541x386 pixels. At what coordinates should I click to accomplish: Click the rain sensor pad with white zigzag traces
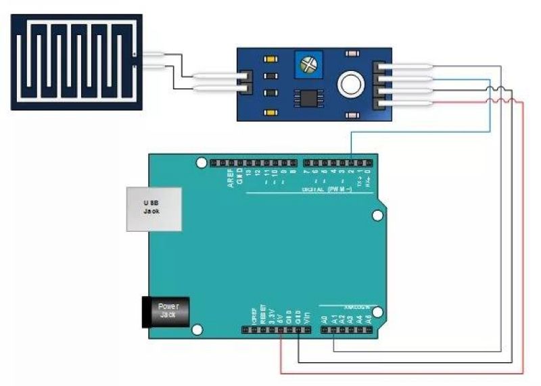pos(76,62)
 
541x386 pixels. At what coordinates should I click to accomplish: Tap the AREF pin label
pos(231,182)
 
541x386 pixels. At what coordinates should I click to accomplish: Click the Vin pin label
pos(306,314)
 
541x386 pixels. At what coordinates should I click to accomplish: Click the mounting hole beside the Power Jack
pos(197,330)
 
